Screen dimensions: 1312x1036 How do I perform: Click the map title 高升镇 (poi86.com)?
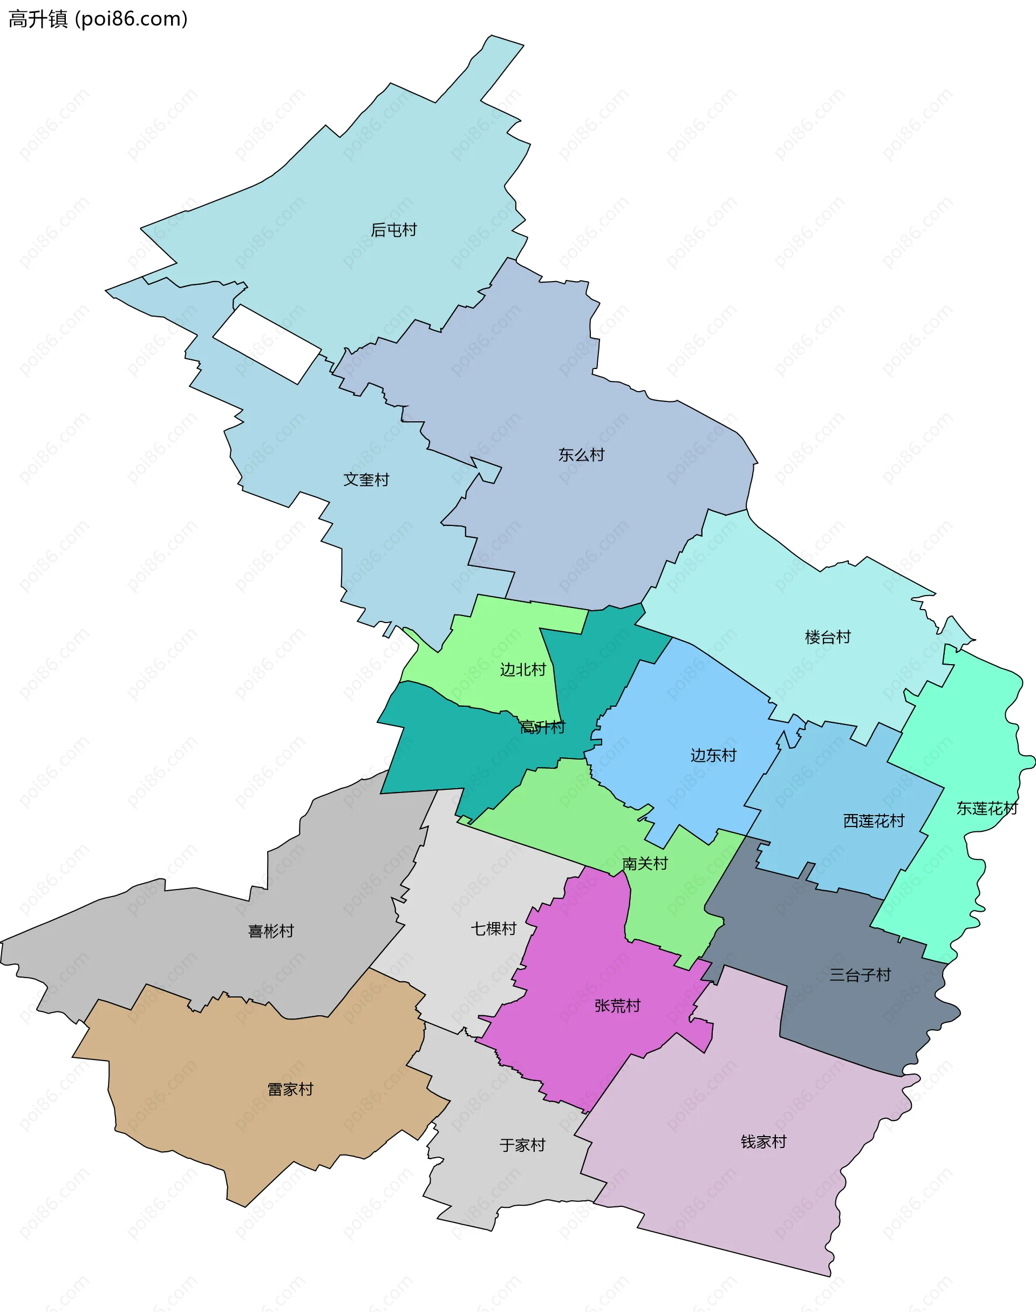pyautogui.click(x=98, y=19)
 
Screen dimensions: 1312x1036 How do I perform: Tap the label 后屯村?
pyautogui.click(x=394, y=230)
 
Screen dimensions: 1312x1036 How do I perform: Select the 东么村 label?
pyautogui.click(x=581, y=455)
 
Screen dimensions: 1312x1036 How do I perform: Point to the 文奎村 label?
pyautogui.click(x=366, y=480)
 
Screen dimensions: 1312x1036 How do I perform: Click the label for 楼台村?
pyautogui.click(x=827, y=637)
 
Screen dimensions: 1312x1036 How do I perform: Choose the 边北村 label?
pyautogui.click(x=523, y=669)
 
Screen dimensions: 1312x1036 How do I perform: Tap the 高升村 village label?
pyautogui.click(x=542, y=727)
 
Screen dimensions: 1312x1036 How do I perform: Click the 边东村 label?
pyautogui.click(x=713, y=755)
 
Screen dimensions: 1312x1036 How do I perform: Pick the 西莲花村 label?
pyautogui.click(x=874, y=821)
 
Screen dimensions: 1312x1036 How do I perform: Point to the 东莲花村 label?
pyautogui.click(x=987, y=808)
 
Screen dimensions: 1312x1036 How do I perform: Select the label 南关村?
pyautogui.click(x=645, y=863)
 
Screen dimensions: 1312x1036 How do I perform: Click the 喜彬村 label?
pyautogui.click(x=271, y=931)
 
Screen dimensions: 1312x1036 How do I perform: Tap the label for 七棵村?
pyautogui.click(x=494, y=928)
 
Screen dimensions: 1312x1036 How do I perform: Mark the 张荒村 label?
pyautogui.click(x=617, y=1006)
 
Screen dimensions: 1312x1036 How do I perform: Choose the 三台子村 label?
pyautogui.click(x=860, y=975)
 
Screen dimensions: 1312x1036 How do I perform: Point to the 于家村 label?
pyautogui.click(x=522, y=1145)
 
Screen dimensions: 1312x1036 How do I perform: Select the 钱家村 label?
pyautogui.click(x=764, y=1142)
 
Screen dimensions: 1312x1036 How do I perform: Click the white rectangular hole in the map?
pyautogui.click(x=267, y=344)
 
